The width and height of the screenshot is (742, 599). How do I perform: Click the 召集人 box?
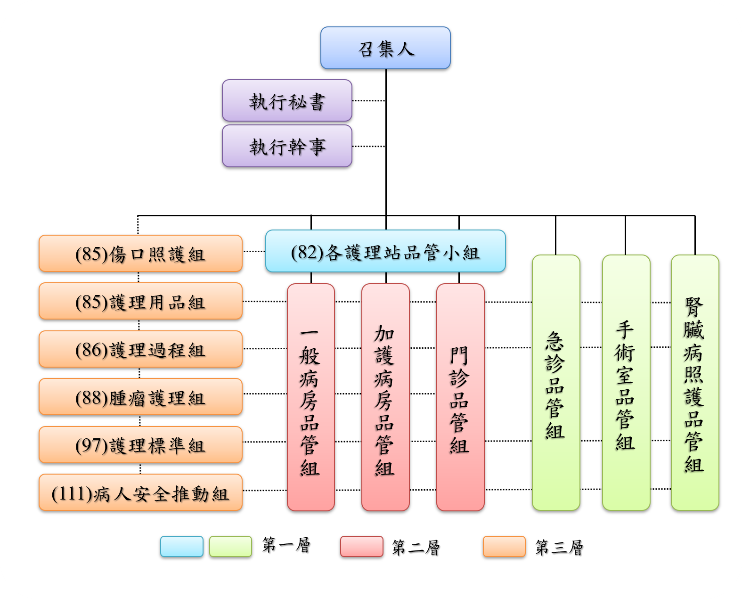(385, 48)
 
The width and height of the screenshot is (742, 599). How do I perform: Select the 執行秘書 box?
(287, 101)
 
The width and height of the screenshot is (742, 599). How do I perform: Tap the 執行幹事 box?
(287, 146)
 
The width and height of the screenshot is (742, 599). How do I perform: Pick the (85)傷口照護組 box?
(140, 254)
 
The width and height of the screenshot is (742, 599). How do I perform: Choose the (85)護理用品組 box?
(140, 302)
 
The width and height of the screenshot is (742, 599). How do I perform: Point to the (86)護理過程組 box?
(140, 349)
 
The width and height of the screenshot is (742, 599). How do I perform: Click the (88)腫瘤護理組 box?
(140, 397)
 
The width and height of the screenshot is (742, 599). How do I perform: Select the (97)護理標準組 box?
(140, 445)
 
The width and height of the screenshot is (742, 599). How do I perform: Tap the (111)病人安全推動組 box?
(140, 493)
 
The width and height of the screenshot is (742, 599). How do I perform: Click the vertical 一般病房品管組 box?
(310, 397)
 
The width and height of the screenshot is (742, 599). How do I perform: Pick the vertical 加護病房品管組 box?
(385, 397)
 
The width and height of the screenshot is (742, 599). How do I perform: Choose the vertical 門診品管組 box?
(460, 397)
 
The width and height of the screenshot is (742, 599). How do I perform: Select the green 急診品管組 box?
(556, 383)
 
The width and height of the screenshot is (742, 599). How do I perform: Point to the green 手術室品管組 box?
(626, 383)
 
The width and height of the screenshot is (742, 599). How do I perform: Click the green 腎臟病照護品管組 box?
(695, 383)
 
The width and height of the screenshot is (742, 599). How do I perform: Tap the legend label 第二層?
(416, 547)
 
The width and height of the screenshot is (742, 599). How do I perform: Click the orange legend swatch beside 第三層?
(504, 547)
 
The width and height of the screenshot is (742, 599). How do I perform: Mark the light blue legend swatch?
(181, 547)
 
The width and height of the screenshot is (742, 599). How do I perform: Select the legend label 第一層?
(286, 545)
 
